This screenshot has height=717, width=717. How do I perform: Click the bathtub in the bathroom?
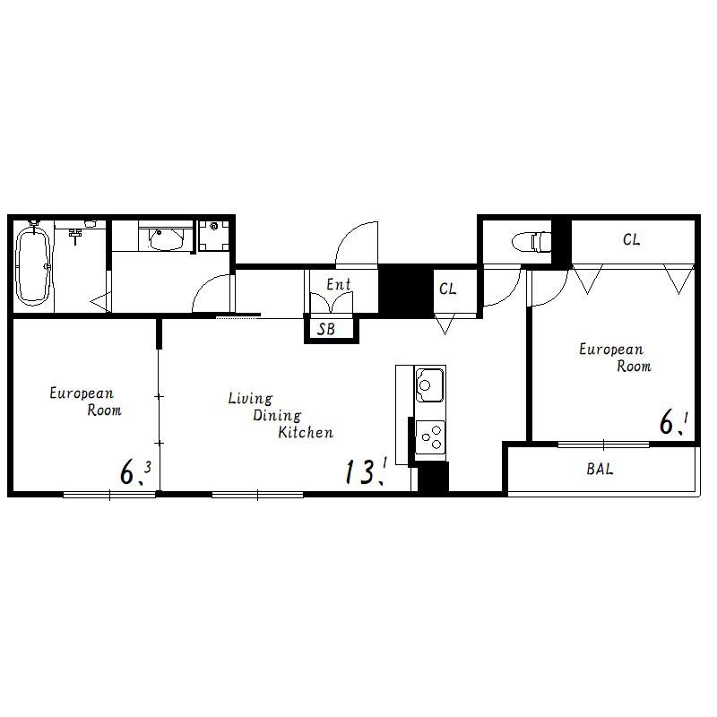click(32, 266)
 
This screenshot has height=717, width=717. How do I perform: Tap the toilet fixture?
click(531, 241)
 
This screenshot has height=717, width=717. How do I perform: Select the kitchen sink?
click(429, 384)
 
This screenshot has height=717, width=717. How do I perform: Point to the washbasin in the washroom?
click(166, 238)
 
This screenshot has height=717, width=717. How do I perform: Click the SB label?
click(326, 329)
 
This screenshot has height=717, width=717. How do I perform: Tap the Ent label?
click(339, 284)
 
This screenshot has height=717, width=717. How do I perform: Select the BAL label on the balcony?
click(600, 469)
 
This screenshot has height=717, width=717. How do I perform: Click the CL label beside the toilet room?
click(631, 239)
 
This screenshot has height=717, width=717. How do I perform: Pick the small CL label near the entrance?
click(447, 289)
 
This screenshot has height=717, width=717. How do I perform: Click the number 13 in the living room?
click(360, 471)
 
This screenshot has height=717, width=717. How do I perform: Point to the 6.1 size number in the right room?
click(674, 423)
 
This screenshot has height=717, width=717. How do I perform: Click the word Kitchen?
click(306, 432)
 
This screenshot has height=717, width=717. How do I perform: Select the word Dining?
click(277, 416)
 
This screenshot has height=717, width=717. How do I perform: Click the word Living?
click(250, 399)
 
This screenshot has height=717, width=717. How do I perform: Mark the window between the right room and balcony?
click(603, 444)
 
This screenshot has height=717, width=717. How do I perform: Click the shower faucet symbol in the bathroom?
click(75, 234)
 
